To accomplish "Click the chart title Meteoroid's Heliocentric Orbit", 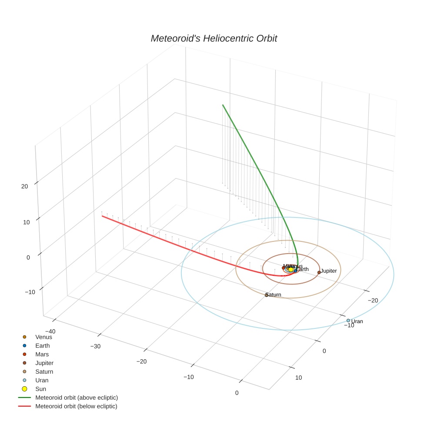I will [x=214, y=38].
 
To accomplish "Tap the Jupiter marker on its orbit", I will [x=319, y=272].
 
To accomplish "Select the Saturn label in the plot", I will [x=274, y=295].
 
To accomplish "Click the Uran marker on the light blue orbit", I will [x=348, y=321].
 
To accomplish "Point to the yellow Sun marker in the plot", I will [x=291, y=270].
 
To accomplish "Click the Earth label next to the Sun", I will [x=302, y=269].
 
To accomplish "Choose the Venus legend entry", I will [x=43, y=337].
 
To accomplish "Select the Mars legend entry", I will [x=42, y=354].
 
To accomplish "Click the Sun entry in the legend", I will [x=40, y=389].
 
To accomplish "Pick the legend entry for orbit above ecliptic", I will [x=77, y=398].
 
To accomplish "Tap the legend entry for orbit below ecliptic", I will [x=76, y=406].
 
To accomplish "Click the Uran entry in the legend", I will [x=42, y=380].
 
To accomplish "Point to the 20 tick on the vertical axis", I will [x=24, y=186].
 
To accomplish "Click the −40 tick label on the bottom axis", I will [x=50, y=331].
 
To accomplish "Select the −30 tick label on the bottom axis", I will [x=95, y=346].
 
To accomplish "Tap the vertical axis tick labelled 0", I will [x=28, y=257].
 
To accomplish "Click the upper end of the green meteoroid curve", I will [x=223, y=105].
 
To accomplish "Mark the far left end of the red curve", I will [x=102, y=216].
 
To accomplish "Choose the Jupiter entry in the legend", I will [x=44, y=363].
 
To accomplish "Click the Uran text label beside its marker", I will [x=357, y=321].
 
